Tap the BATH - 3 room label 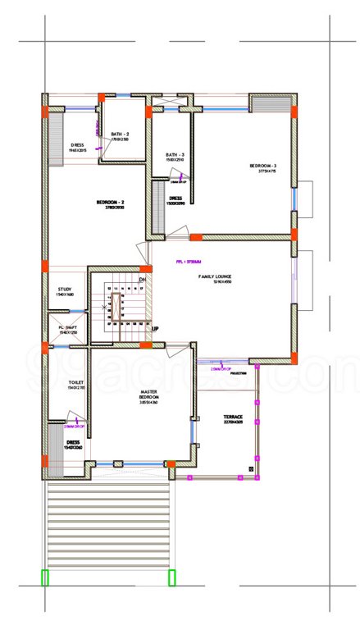coord(175,154)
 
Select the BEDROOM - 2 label coord(109,202)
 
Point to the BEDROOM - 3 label coord(262,166)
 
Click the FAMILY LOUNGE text coord(216,277)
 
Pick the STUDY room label coord(66,289)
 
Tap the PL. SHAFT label coord(66,327)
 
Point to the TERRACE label coord(234,418)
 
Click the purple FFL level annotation coord(188,262)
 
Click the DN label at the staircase coord(142,280)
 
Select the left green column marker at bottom coord(45,578)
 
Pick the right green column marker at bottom coord(172,578)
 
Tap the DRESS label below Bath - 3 coord(175,198)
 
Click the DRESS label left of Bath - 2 coord(78,145)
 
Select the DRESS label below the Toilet coord(73,442)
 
